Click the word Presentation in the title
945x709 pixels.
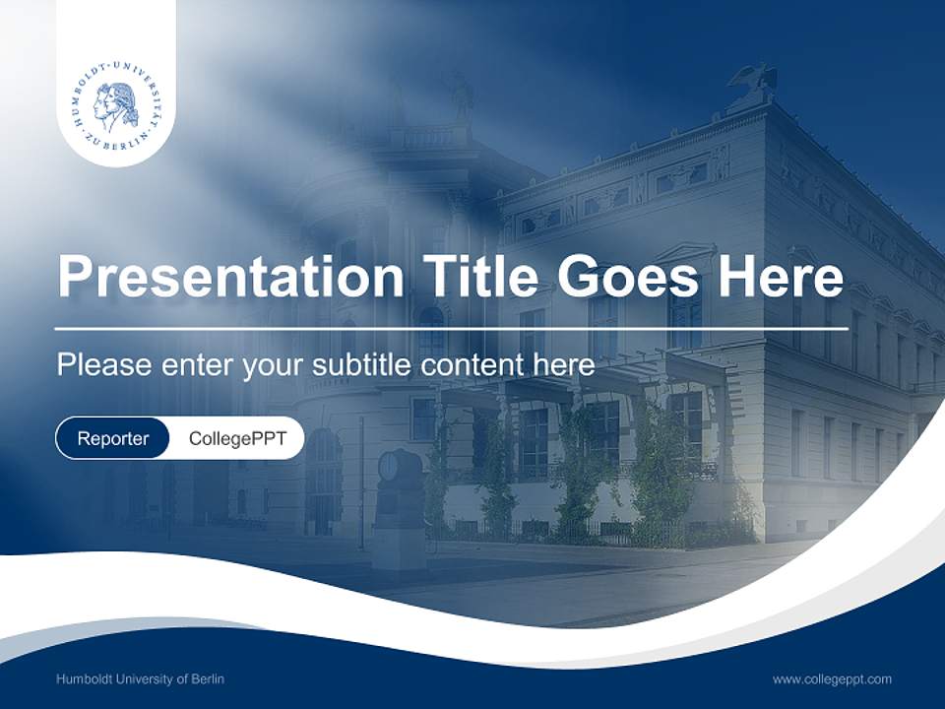pos(230,276)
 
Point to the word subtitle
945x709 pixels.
pos(360,364)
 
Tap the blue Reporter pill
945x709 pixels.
pos(112,438)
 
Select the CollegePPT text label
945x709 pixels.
pos(237,438)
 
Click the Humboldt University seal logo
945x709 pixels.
pos(117,102)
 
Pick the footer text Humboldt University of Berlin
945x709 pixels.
pos(140,678)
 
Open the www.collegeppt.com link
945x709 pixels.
pos(832,679)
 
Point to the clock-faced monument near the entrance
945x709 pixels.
pos(400,509)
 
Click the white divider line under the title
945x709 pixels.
pos(452,329)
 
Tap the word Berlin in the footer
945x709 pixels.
pos(208,678)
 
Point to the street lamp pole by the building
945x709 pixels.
pos(361,483)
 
